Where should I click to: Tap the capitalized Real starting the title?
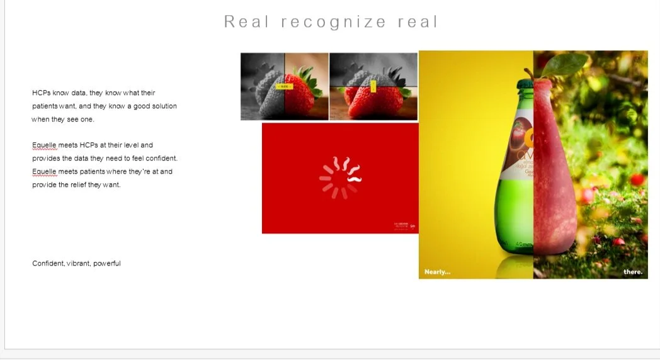[x=247, y=22]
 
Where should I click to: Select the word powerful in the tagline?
[x=107, y=264]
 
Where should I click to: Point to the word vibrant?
[x=79, y=264]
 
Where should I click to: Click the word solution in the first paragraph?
[x=164, y=106]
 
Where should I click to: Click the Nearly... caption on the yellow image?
[x=437, y=272]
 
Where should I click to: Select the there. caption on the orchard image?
[x=633, y=272]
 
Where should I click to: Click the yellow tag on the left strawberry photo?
[x=285, y=87]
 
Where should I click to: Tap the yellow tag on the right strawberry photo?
[x=373, y=86]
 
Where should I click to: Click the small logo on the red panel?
[x=412, y=226]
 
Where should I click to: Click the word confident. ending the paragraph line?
[x=161, y=159]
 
